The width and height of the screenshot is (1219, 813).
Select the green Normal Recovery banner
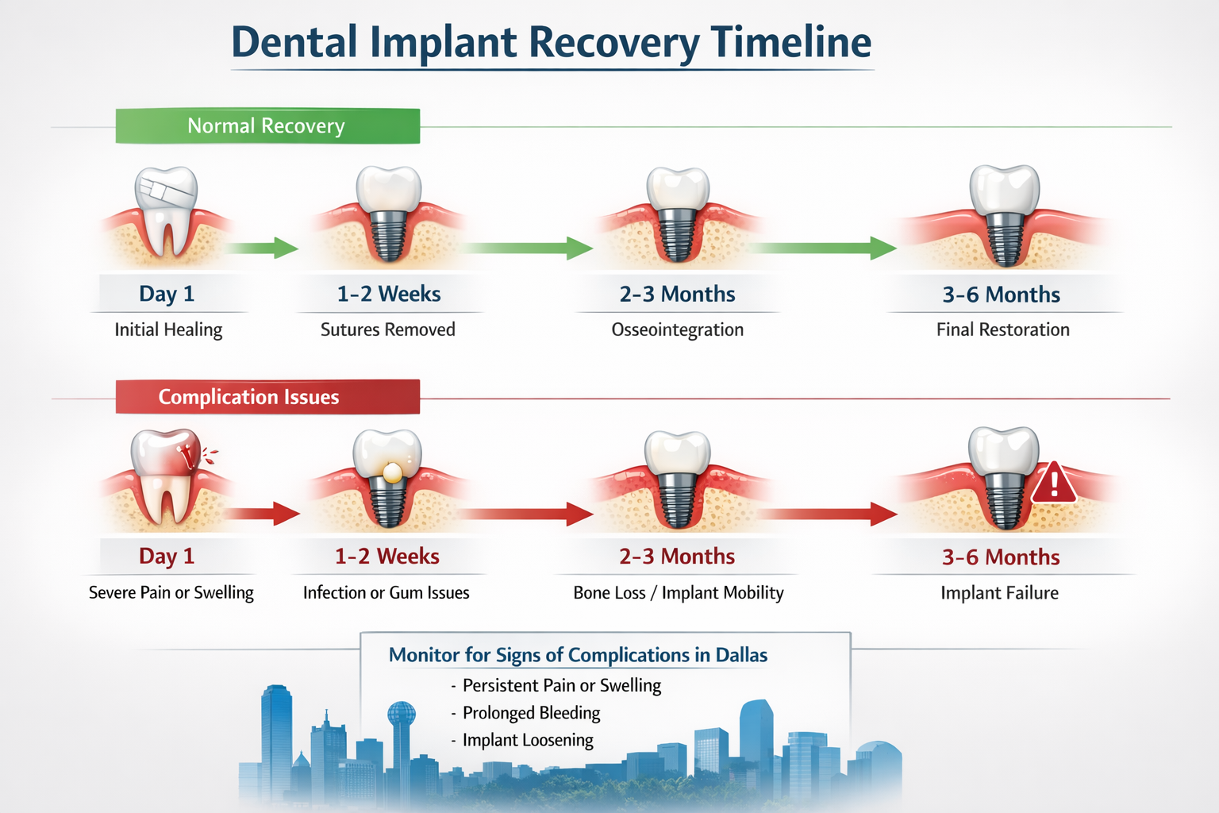pyautogui.click(x=267, y=126)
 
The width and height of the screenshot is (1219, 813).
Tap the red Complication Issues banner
pyautogui.click(x=267, y=397)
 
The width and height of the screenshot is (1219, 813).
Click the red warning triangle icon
pyautogui.click(x=1053, y=484)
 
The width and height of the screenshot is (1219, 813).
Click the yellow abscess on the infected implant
pyautogui.click(x=391, y=472)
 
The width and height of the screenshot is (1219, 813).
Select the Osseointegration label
pyautogui.click(x=677, y=329)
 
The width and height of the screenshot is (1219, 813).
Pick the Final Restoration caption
pyautogui.click(x=1002, y=329)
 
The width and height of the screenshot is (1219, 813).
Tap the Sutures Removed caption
pyautogui.click(x=387, y=329)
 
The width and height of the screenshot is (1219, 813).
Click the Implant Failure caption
pyautogui.click(x=999, y=593)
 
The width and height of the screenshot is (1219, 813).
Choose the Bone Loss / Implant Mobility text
pyautogui.click(x=678, y=593)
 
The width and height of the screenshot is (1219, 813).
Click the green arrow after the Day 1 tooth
pyautogui.click(x=262, y=248)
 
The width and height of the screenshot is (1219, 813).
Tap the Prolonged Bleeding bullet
pyautogui.click(x=531, y=713)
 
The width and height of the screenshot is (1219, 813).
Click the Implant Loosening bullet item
pyautogui.click(x=528, y=740)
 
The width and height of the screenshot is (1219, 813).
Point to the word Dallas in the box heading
pyautogui.click(x=741, y=655)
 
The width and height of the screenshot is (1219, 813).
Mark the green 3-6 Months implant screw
pyautogui.click(x=1005, y=240)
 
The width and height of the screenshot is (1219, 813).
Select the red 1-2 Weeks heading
pyautogui.click(x=386, y=557)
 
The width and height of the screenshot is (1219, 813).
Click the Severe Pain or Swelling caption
pyautogui.click(x=171, y=593)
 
